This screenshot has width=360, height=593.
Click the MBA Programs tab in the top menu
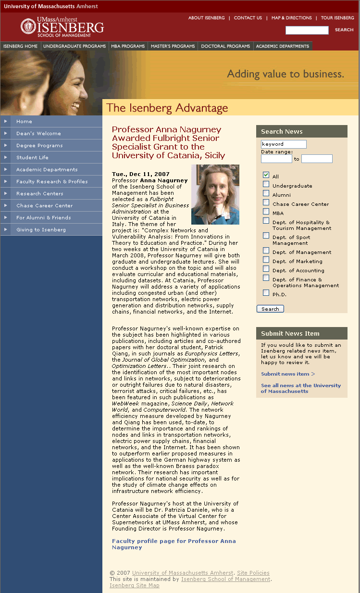(x=128, y=46)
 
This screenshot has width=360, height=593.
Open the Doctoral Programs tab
(x=225, y=46)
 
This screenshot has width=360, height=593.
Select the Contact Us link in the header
(x=248, y=18)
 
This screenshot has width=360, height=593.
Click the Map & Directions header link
(x=292, y=18)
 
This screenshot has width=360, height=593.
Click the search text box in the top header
(x=307, y=30)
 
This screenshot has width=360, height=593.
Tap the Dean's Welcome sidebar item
(x=38, y=133)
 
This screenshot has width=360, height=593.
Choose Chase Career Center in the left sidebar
(x=44, y=205)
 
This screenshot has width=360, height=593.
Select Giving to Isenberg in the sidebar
(x=41, y=229)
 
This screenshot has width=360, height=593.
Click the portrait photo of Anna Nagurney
(x=215, y=194)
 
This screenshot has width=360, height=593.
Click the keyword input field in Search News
(x=284, y=144)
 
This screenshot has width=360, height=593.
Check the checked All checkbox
(x=266, y=175)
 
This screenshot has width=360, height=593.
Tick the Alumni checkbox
(x=266, y=193)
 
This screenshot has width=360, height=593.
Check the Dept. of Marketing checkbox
(x=266, y=260)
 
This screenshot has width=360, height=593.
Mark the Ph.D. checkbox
(x=266, y=293)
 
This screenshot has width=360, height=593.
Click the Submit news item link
(x=287, y=374)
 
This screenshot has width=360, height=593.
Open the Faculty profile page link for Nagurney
(x=174, y=544)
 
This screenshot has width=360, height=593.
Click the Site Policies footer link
(x=253, y=573)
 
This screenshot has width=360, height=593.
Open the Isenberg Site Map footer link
(x=135, y=585)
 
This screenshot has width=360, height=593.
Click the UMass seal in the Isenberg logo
(x=28, y=26)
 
